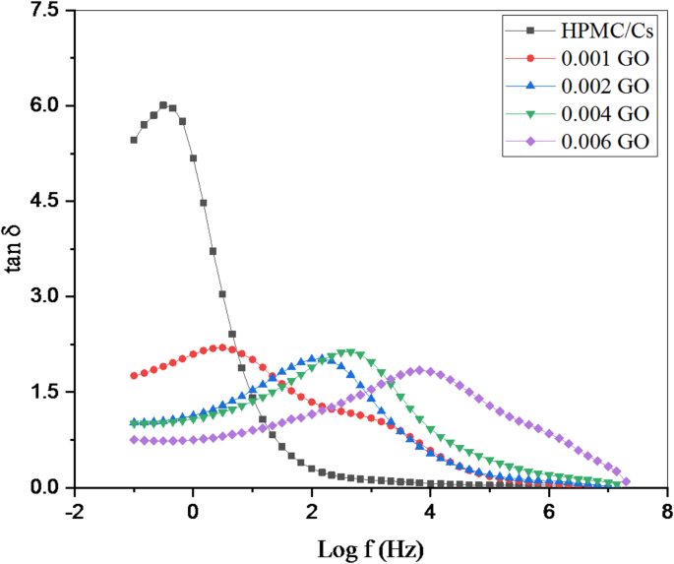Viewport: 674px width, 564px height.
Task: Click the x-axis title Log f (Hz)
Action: pyautogui.click(x=371, y=547)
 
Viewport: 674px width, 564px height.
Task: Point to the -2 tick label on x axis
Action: pyautogui.click(x=71, y=511)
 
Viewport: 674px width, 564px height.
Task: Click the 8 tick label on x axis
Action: pyautogui.click(x=667, y=511)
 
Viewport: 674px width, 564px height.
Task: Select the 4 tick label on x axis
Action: pyautogui.click(x=430, y=511)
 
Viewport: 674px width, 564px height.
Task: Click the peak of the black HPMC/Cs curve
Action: pyautogui.click(x=163, y=105)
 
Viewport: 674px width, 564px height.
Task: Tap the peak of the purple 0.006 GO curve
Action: pyautogui.click(x=420, y=370)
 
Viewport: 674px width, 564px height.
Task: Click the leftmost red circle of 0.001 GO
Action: pyautogui.click(x=134, y=376)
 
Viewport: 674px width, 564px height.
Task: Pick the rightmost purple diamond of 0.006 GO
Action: pyautogui.click(x=626, y=481)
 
